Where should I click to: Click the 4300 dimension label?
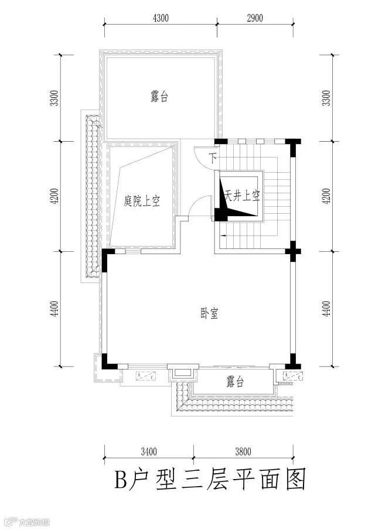pos(161,18)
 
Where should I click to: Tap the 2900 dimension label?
pos(255,18)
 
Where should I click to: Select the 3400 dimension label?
pos(149,452)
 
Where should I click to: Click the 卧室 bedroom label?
pos(209,314)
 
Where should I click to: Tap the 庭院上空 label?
pos(142,201)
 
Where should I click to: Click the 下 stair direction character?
pos(213,157)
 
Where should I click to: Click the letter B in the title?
pos(121,481)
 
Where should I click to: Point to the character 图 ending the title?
pos(296,481)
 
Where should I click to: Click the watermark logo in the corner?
pos(11,521)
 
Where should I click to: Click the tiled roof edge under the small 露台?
pos(234,404)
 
